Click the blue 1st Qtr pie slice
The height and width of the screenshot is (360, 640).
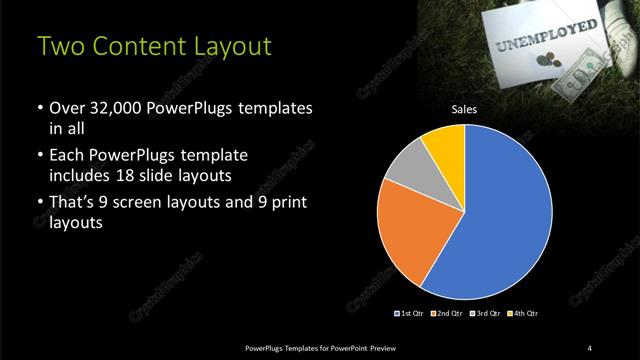click(510, 215)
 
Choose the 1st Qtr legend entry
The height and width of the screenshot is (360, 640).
click(410, 314)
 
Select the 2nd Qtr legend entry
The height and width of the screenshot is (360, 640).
click(447, 314)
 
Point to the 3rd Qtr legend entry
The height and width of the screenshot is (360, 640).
click(484, 314)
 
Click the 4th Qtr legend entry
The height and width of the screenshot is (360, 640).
click(521, 314)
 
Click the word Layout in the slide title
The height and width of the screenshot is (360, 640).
click(226, 47)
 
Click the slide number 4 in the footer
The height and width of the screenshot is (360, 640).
click(590, 347)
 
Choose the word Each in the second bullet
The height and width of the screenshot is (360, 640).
click(68, 156)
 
